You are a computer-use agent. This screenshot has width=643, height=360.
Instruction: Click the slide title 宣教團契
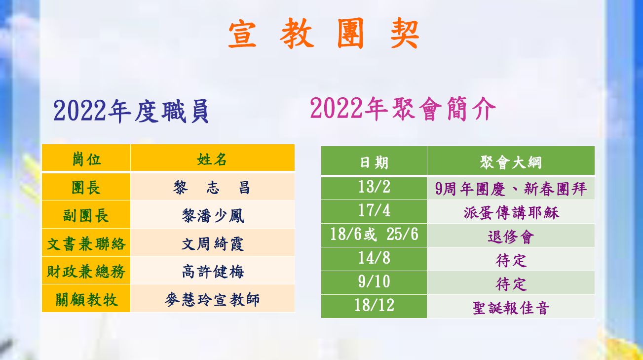tap(324, 33)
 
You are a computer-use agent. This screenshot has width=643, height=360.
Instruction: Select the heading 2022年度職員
tap(131, 112)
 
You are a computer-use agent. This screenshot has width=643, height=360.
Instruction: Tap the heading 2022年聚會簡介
tap(403, 109)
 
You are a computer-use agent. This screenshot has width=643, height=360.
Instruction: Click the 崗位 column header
tap(86, 159)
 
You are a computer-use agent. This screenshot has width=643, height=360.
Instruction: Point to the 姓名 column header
tap(212, 159)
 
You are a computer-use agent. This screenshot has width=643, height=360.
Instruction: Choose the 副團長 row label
tap(86, 215)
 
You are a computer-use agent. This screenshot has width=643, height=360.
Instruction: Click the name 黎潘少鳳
tap(213, 215)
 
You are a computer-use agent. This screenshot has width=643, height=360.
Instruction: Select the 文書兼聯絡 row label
tap(86, 244)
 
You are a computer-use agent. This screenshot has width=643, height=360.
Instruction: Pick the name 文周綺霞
tap(213, 244)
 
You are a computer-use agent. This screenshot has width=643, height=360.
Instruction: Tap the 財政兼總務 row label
tap(86, 272)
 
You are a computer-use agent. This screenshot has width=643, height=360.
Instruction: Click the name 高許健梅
tap(213, 272)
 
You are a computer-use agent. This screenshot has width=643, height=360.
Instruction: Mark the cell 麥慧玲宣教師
tap(212, 300)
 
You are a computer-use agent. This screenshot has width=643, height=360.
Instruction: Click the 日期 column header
tap(374, 162)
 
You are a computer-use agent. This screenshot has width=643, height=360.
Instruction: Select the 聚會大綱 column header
tap(511, 162)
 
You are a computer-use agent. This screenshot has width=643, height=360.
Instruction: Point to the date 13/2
tap(374, 187)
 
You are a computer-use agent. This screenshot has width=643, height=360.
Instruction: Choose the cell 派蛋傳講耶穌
tap(511, 213)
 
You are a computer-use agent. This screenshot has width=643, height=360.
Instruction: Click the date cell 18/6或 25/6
tap(374, 234)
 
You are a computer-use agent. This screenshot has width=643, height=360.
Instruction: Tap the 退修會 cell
tap(511, 237)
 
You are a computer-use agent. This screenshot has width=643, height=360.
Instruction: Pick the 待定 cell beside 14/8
tap(511, 261)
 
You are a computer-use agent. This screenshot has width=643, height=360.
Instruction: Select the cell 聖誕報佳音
tap(511, 308)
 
